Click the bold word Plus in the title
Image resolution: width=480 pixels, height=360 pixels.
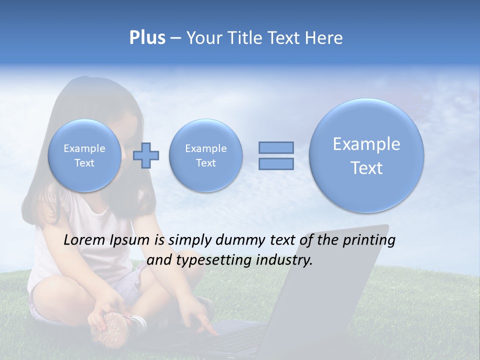[x=147, y=38]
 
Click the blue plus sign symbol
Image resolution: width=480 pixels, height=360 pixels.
[x=146, y=155]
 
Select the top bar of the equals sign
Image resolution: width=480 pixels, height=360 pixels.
[x=275, y=147]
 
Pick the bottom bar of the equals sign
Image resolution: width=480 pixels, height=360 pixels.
[x=275, y=163]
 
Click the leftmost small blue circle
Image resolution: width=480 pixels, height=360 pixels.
[x=84, y=155]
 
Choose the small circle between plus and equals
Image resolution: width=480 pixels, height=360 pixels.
[x=205, y=155]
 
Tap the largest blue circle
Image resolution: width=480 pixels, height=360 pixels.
[x=366, y=155]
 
